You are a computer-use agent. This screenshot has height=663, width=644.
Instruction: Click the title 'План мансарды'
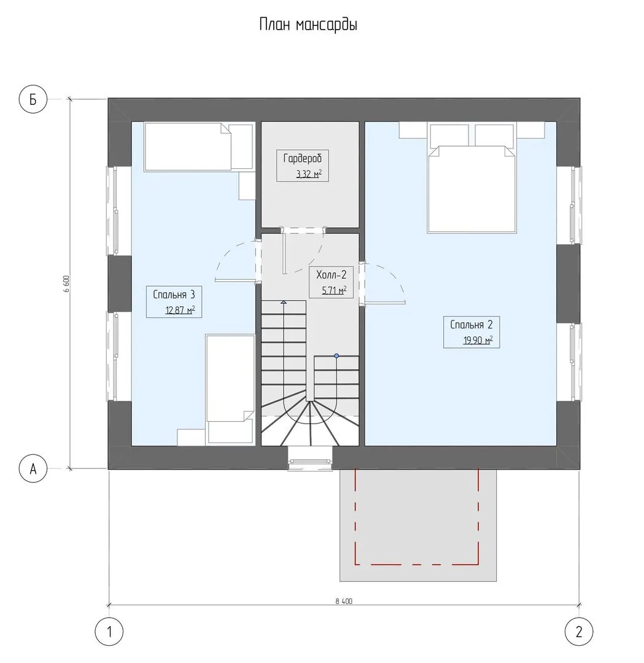pos(308,25)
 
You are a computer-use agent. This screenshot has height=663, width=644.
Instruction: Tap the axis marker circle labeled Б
pos(33,99)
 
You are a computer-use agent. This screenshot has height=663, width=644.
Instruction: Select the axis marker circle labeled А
pos(33,468)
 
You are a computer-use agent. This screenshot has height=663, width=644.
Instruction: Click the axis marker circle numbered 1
pos(109,632)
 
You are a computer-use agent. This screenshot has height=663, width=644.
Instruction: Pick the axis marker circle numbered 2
pos(579,632)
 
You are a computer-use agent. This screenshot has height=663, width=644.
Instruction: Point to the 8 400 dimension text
pos(344,601)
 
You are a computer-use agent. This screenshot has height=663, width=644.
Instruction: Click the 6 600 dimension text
pos(66,284)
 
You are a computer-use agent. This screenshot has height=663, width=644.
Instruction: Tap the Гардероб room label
pos(302,158)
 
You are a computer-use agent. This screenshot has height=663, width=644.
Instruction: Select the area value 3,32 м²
pos(309,174)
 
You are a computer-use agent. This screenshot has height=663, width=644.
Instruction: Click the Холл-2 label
pos(331,275)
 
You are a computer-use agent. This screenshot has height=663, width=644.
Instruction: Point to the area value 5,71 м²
pos(334,290)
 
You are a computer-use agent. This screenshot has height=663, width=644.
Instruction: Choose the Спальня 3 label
pos(174,294)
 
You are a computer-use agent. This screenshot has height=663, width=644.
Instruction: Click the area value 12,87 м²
pos(180,310)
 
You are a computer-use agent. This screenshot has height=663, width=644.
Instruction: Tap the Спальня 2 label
pos(471,325)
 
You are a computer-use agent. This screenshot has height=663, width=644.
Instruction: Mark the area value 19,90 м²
pos(478,340)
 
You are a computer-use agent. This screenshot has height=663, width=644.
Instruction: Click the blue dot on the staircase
pos(336,356)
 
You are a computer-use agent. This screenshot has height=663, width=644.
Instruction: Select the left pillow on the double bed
pos(449,135)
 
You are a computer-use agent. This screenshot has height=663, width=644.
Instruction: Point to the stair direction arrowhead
pos(283,302)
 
